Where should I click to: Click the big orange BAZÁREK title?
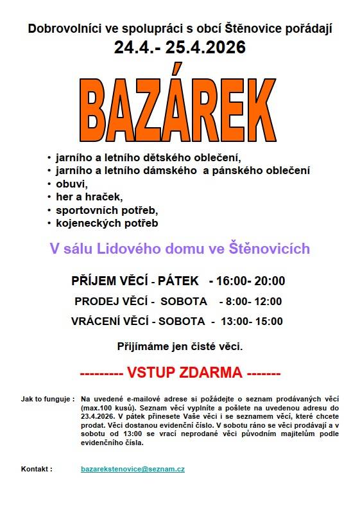[180, 107]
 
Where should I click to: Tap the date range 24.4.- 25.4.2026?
[180, 48]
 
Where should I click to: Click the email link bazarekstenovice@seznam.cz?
[133, 470]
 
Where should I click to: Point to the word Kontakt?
[36, 470]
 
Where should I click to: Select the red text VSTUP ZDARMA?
[184, 373]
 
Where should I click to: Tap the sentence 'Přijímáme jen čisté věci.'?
[180, 347]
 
